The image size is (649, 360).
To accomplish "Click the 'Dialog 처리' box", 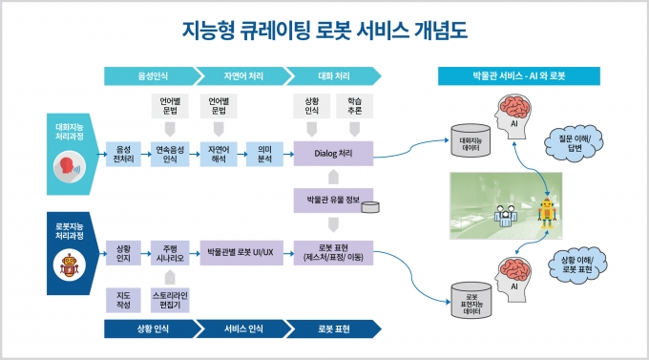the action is (333, 154).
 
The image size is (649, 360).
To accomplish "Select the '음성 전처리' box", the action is (123, 154).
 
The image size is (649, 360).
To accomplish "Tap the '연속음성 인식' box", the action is (170, 154).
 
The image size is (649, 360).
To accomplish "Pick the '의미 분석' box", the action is (264, 154).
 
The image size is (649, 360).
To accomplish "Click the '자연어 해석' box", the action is (219, 154).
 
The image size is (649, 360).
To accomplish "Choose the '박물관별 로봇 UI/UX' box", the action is (241, 252).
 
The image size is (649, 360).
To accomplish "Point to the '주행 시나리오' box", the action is (170, 253).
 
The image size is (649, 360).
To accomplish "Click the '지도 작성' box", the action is (123, 300).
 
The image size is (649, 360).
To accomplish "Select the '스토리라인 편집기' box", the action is (170, 300).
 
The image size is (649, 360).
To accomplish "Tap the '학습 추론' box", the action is (355, 106).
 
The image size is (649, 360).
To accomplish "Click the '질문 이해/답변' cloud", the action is (574, 143).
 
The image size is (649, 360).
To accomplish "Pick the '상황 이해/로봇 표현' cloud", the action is (577, 265).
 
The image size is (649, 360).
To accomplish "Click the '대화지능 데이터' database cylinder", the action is (471, 141).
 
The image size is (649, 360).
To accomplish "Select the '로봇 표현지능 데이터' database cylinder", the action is (471, 301).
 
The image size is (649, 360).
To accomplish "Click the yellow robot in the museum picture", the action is (547, 213).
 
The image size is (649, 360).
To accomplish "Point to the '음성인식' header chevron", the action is (153, 75).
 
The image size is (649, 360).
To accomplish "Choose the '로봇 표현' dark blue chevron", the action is (334, 328).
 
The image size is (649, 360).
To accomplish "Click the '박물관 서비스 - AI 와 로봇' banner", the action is (519, 75).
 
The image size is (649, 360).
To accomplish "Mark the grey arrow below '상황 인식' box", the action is (312, 129).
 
